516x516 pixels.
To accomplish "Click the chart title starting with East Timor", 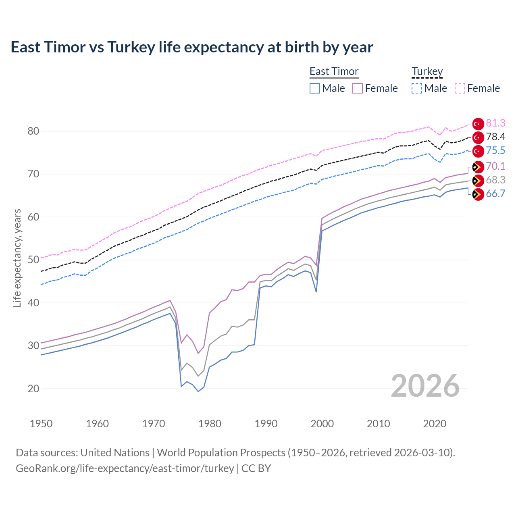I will pos(192,47).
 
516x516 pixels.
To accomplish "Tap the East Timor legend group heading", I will pos(334,71).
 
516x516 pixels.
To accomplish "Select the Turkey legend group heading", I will pos(427,71).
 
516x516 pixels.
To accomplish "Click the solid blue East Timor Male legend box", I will pos(315,88).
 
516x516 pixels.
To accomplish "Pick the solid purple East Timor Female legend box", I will pos(358,88).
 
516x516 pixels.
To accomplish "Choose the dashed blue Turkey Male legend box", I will pos(417,88).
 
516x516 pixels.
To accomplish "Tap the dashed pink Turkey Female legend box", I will pos(460,88).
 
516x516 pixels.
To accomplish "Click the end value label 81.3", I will pos(495,123).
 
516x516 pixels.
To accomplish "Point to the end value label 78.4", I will pos(495,137).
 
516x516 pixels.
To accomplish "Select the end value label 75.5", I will pos(495,151).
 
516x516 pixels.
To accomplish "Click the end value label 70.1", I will pos(495,166).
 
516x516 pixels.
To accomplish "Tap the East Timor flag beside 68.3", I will pos(478,180).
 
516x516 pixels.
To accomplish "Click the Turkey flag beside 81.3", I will pos(478,124).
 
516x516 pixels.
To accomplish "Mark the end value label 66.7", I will pos(495,194).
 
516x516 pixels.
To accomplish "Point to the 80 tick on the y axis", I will pos(33,131).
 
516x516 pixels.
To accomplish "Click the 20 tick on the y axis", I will pos(33,389).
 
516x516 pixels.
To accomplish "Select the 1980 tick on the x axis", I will pos(210,424).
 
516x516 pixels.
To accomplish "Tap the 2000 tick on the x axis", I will pos(322,424).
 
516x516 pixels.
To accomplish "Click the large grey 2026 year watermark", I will pos(425,386).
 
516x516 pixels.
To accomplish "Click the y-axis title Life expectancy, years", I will pos(17,258).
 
